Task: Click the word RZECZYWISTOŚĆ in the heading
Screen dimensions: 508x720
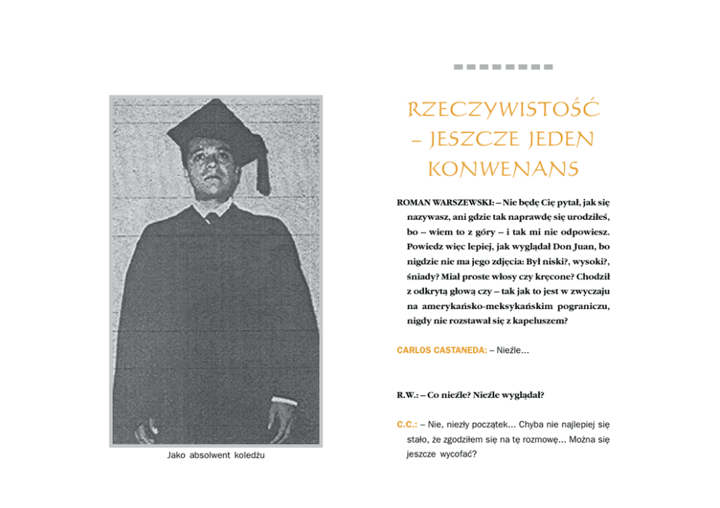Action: (503, 110)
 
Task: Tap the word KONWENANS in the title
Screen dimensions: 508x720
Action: (503, 169)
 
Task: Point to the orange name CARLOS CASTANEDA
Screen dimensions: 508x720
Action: (441, 351)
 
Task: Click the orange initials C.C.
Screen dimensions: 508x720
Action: (406, 424)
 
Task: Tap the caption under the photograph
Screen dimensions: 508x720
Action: (216, 456)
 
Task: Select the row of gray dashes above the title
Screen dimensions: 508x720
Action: (503, 67)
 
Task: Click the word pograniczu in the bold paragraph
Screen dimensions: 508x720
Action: (582, 306)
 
